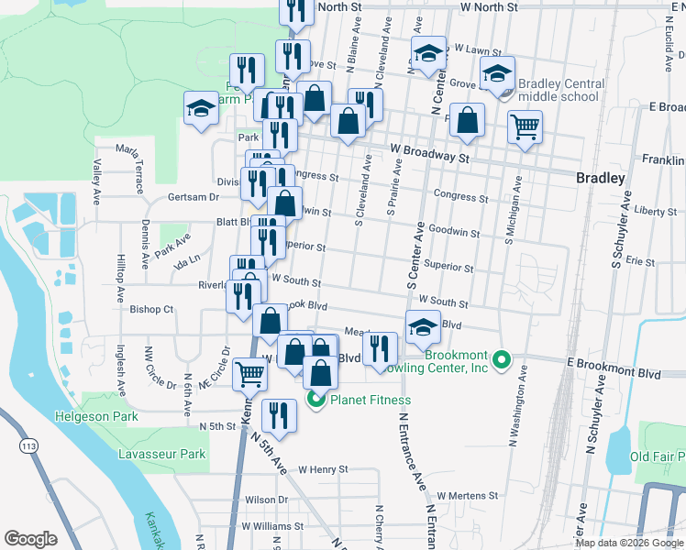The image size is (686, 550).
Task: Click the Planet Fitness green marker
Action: [x=316, y=400]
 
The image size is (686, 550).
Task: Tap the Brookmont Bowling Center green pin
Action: [x=501, y=358]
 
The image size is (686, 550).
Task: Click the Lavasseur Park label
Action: [x=162, y=454]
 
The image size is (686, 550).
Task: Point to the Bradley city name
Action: [x=601, y=178]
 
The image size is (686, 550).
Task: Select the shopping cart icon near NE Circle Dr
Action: [x=249, y=372]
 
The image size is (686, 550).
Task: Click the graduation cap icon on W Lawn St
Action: [x=428, y=53]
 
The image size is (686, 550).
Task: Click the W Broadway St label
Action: [x=429, y=152]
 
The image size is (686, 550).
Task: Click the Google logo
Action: [x=31, y=538]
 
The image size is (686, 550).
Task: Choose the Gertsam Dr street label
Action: [x=194, y=197]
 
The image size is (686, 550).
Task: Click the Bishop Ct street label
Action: [x=151, y=310]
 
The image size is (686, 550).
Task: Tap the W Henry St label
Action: [x=317, y=469]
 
